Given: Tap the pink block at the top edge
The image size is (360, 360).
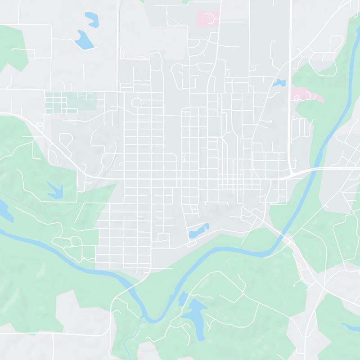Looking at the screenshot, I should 207,18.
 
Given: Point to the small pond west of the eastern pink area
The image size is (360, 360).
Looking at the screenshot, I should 279,83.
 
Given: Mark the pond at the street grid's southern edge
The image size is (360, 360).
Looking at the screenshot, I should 198,231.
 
